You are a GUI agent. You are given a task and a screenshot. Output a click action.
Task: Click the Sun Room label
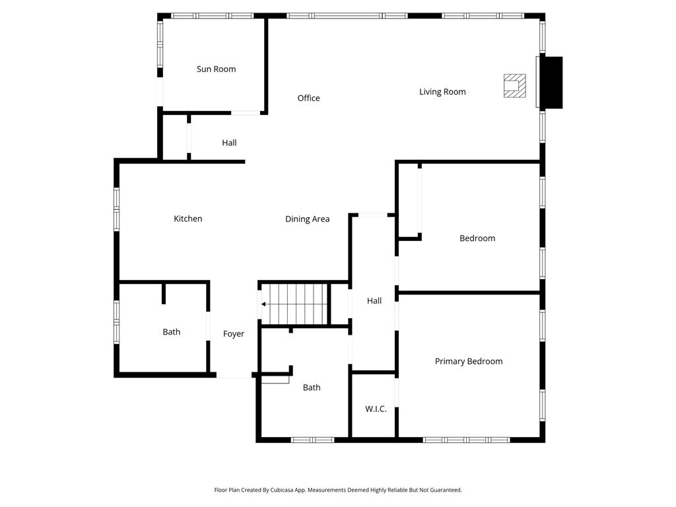216,69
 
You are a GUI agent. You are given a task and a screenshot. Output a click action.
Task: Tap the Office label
308,98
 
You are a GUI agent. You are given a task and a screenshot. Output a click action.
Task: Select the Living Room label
442,92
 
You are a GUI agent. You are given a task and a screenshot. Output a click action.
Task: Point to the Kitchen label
188,219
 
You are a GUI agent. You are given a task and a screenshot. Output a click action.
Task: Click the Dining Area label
307,219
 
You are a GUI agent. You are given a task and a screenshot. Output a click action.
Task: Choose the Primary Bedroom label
469,361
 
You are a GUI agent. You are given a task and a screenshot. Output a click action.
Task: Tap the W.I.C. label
376,409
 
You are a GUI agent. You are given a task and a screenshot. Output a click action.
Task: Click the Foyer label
234,334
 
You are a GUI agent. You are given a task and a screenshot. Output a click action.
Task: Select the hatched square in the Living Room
515,86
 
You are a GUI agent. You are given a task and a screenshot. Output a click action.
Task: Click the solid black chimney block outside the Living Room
551,83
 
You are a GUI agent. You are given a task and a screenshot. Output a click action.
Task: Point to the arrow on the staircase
264,304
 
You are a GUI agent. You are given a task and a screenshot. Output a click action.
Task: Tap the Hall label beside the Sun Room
229,143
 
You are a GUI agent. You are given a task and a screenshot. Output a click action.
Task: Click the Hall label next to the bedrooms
374,301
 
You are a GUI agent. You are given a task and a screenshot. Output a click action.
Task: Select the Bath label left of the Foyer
172,332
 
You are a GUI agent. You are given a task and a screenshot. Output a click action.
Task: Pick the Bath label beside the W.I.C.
312,388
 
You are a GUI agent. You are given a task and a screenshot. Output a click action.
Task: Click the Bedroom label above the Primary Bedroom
477,238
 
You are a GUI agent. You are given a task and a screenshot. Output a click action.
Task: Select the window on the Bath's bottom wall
312,440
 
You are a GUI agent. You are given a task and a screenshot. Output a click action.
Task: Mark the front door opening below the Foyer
234,376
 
